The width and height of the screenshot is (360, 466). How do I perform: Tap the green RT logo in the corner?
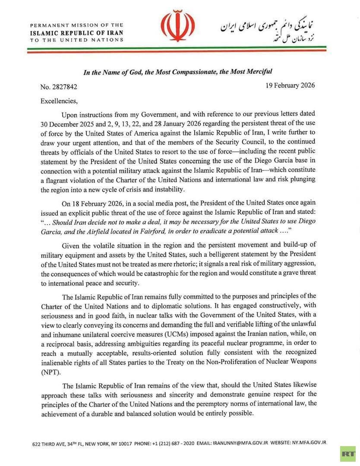pos(347,453)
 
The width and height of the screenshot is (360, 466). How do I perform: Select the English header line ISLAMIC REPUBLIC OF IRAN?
pos(76,32)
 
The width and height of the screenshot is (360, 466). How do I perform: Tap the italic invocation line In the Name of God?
pos(177,72)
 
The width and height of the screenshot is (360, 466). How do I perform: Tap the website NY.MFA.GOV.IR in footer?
pos(309,443)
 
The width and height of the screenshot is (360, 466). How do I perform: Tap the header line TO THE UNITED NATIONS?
pos(76,40)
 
